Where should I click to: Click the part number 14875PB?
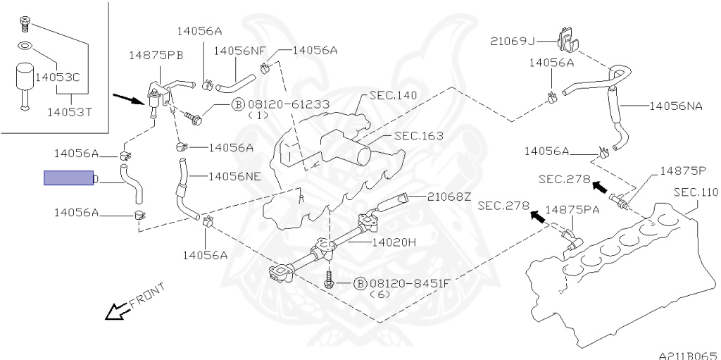(156, 56)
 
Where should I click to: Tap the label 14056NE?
(235, 176)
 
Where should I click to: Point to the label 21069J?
(513, 42)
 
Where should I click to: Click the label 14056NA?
(676, 106)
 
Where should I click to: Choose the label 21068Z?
(449, 197)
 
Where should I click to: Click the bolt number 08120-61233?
(287, 104)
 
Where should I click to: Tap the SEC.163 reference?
(420, 136)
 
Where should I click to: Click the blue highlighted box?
(68, 178)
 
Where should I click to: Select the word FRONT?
(147, 296)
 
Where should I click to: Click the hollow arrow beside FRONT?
(118, 311)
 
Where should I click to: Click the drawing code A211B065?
(689, 356)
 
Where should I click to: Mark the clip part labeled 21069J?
(567, 39)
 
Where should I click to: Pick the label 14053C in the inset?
(58, 77)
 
